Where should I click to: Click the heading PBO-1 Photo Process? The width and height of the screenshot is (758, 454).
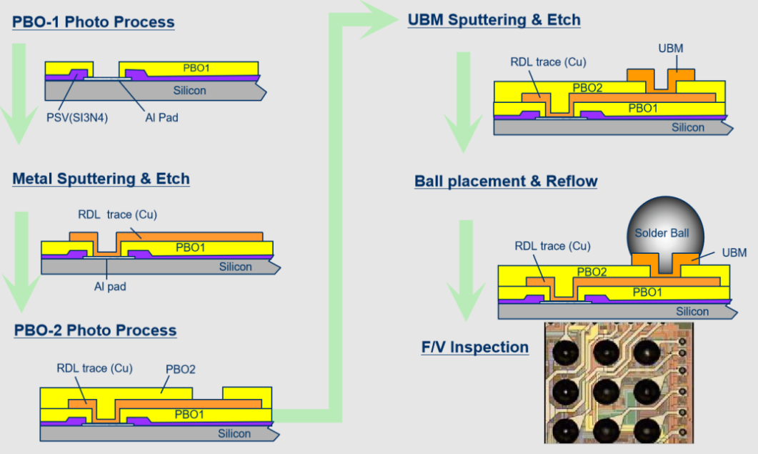[93, 21]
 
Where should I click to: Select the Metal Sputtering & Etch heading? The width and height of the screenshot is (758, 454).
[101, 178]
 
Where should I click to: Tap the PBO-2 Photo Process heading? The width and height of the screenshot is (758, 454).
[95, 330]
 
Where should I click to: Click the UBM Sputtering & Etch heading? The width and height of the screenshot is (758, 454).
[494, 19]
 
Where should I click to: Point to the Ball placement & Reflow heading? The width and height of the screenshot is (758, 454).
[506, 181]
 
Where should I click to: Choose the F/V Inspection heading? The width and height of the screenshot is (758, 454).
[475, 347]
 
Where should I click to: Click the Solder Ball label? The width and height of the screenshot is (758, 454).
[661, 233]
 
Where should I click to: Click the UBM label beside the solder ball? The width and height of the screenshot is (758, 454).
[734, 252]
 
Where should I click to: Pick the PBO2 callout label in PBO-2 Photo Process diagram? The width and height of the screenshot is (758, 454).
[180, 370]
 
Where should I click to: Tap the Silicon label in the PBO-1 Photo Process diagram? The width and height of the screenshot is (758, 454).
[189, 91]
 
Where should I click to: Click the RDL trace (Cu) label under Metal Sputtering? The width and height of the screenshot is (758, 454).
[117, 214]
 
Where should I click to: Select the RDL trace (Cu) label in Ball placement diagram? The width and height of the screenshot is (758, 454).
[552, 246]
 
